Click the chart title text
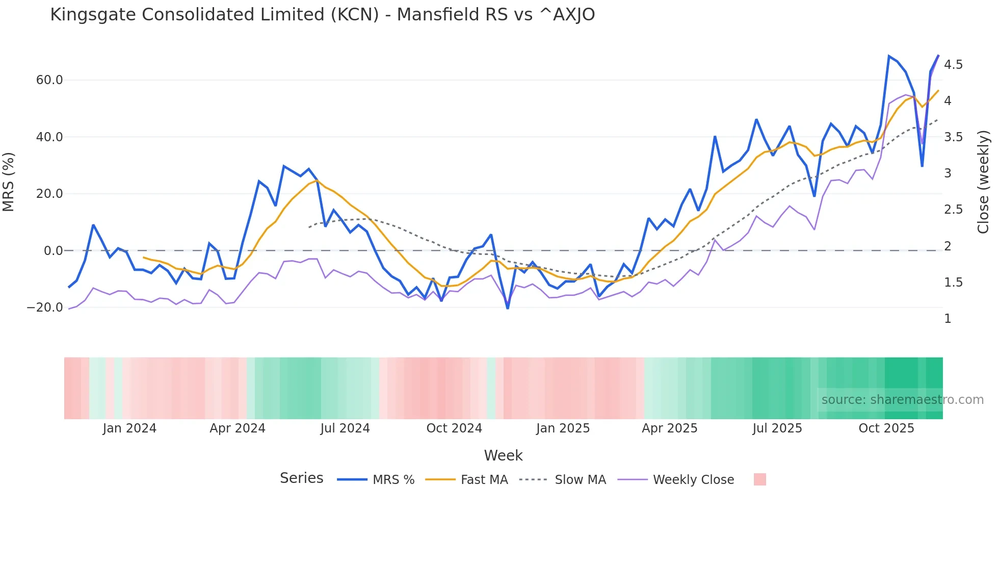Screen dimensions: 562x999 tap(322, 15)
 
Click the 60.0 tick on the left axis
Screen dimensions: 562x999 tap(49, 80)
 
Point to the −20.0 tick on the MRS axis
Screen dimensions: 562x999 tap(45, 308)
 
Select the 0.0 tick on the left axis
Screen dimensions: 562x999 tap(54, 251)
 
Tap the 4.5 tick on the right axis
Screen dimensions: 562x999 tap(953, 65)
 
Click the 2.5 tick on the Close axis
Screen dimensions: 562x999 tap(953, 210)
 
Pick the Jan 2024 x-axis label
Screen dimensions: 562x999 tap(129, 428)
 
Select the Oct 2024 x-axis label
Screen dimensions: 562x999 tap(454, 428)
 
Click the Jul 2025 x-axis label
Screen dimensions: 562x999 tap(777, 428)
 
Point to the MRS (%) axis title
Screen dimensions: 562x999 tap(9, 182)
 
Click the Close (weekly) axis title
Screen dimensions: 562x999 tap(983, 182)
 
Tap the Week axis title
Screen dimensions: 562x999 tap(503, 455)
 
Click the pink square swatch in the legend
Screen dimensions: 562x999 tap(759, 479)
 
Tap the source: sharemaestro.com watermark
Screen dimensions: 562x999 tap(902, 400)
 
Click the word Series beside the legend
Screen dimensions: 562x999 tap(301, 478)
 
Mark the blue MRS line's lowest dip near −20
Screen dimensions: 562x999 tap(508, 308)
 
